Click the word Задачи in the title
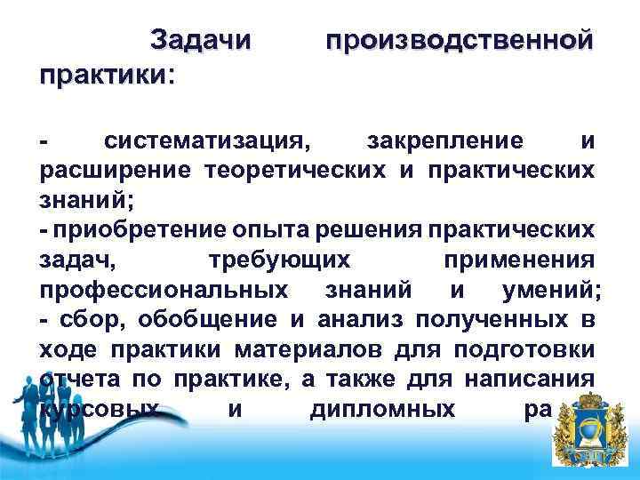click(201, 41)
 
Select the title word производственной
click(459, 41)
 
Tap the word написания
click(528, 381)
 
